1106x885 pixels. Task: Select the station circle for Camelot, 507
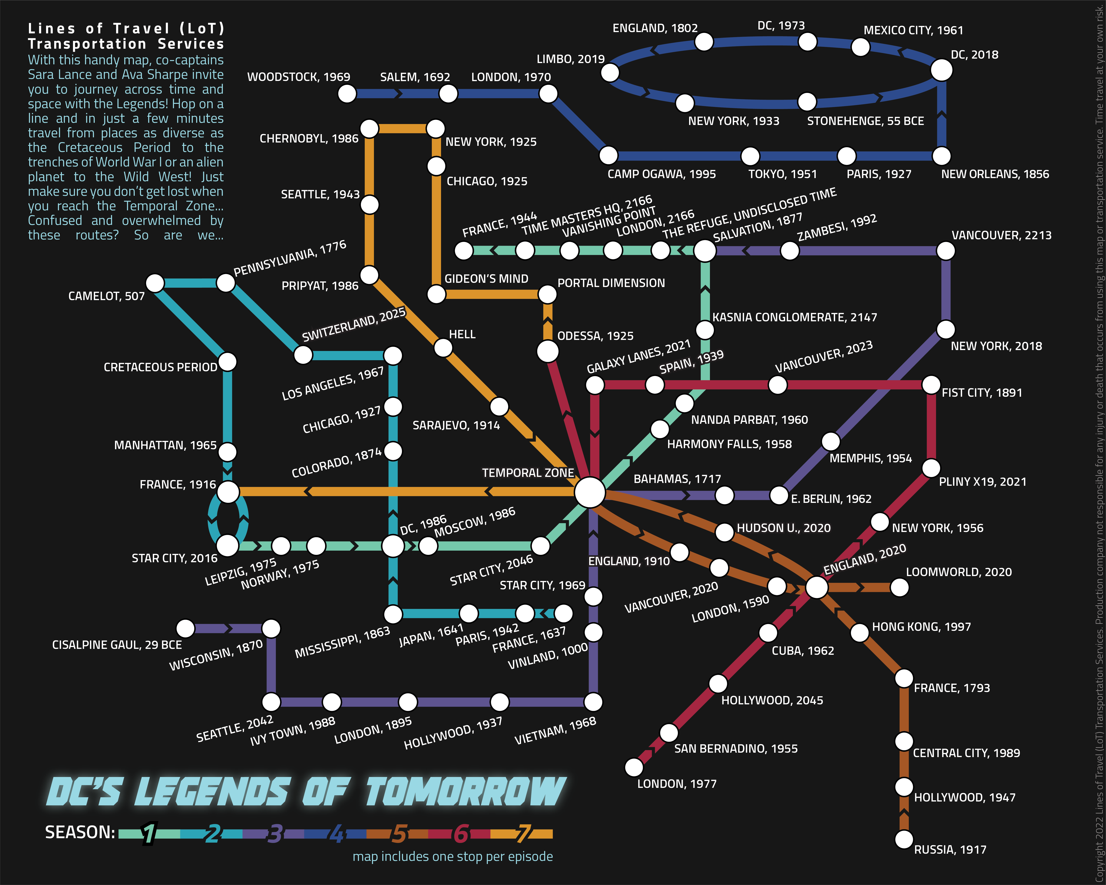click(x=155, y=283)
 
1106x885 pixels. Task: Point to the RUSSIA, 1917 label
click(x=950, y=850)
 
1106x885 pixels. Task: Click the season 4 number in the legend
click(x=336, y=834)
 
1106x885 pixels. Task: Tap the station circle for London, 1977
click(x=634, y=768)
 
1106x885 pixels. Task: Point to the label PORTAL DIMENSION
click(x=611, y=283)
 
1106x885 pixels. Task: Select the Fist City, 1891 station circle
click(x=931, y=385)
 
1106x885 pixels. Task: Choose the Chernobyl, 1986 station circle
click(x=369, y=129)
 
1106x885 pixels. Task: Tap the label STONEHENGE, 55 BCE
click(x=865, y=121)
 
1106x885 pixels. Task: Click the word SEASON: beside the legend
click(x=80, y=832)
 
